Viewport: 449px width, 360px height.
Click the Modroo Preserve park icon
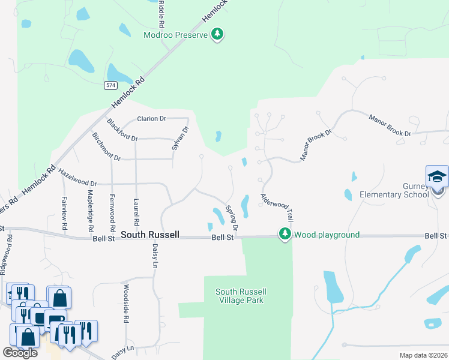point(218,35)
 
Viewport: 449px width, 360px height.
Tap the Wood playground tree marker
point(285,235)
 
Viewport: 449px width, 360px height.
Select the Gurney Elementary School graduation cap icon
point(437,176)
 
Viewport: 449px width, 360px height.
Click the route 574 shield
point(110,85)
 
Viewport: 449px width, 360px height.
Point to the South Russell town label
point(150,235)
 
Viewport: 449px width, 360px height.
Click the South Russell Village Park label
point(240,296)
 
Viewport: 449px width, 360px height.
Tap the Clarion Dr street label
point(151,119)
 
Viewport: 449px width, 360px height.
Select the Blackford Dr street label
point(122,130)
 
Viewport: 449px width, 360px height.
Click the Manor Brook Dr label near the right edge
point(390,125)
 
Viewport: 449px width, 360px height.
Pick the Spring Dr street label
point(232,219)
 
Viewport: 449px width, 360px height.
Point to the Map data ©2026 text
point(423,355)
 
